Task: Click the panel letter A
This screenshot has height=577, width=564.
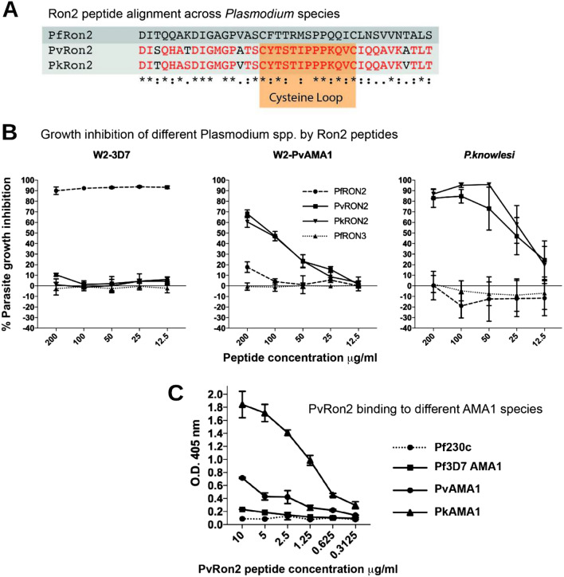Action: pos(10,10)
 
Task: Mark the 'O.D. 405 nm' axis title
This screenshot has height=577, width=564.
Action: pos(168,459)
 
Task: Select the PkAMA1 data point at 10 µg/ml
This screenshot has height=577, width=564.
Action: pos(219,405)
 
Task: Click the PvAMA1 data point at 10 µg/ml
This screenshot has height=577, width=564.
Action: pos(219,477)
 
